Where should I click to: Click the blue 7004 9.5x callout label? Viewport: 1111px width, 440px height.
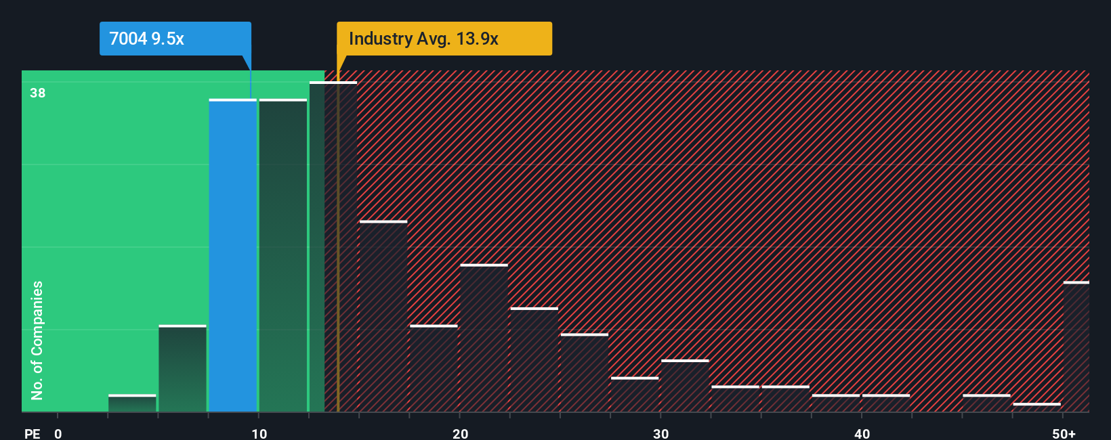[175, 39]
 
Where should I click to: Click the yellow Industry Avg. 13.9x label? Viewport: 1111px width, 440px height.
[444, 39]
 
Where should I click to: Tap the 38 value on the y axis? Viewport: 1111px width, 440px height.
[38, 93]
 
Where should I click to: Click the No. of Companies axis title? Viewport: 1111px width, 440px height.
[37, 340]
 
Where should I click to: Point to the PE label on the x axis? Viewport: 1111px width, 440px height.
[33, 433]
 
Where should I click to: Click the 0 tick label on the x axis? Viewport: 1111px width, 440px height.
[58, 433]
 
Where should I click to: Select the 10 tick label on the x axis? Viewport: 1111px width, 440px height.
[259, 433]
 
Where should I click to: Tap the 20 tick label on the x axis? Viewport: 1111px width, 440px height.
[460, 433]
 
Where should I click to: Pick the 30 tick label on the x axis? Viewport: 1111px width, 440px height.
[661, 433]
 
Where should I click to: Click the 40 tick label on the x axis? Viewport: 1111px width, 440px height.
[862, 433]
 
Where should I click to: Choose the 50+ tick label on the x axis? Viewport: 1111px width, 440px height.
[1064, 433]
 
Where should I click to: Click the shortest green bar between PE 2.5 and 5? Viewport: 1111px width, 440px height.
[132, 403]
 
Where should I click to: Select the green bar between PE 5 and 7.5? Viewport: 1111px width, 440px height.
[182, 369]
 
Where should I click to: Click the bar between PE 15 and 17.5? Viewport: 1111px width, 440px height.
[383, 316]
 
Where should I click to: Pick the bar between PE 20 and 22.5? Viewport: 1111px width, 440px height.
[484, 338]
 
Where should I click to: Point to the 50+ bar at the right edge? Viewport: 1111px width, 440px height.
[1076, 347]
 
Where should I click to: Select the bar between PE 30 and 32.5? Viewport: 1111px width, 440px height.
[685, 386]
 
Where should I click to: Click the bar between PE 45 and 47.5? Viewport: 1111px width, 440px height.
[986, 403]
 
